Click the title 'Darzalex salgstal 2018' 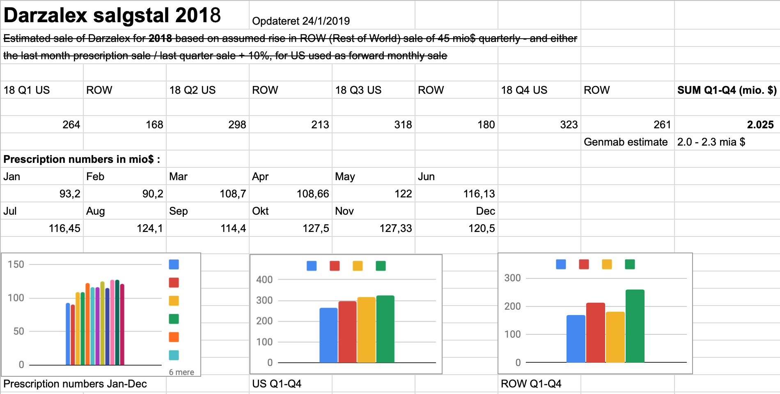(x=112, y=15)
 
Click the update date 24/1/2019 (x=326, y=21)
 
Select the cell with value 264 (x=71, y=125)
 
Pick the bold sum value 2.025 (x=760, y=125)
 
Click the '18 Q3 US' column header (x=358, y=90)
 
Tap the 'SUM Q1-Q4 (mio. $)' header (x=727, y=90)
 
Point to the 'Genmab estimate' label (x=626, y=142)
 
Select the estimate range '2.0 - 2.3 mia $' (x=711, y=142)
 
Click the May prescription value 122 (x=403, y=194)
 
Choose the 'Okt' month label (x=260, y=211)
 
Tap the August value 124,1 (x=149, y=228)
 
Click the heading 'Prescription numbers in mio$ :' (x=82, y=159)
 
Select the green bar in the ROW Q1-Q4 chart (x=635, y=326)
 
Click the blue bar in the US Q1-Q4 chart (x=328, y=335)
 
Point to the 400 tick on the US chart (x=264, y=280)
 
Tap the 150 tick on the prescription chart (x=16, y=264)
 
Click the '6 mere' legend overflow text (x=181, y=372)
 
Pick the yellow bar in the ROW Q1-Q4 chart (x=615, y=337)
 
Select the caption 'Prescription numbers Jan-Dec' (x=75, y=384)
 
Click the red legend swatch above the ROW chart (x=584, y=264)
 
